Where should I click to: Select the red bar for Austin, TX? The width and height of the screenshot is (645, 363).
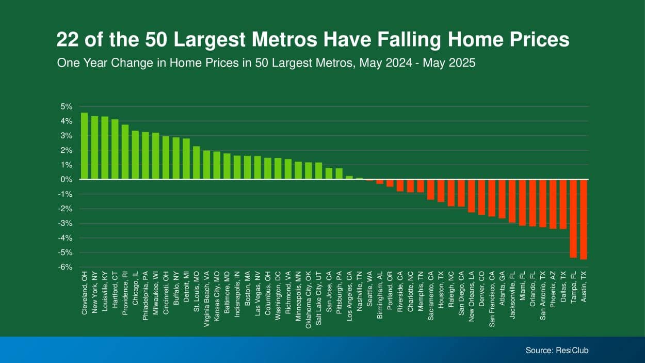coord(584,219)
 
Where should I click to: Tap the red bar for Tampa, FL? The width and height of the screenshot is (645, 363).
coord(573,218)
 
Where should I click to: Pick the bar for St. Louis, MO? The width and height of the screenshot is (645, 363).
coord(196,163)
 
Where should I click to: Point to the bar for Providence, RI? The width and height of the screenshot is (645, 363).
coord(125,152)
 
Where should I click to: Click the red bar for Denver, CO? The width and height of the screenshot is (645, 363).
coord(481,197)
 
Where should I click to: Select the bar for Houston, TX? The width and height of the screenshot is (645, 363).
coord(441,191)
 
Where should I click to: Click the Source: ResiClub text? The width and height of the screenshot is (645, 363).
coord(557,351)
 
